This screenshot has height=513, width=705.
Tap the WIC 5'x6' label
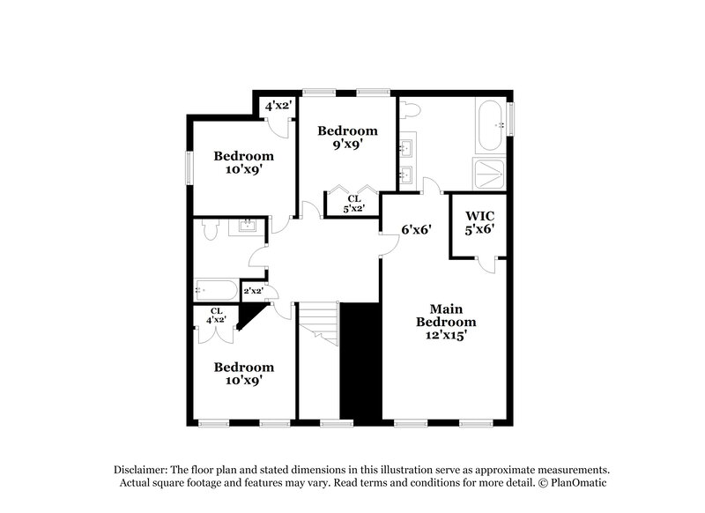click(x=479, y=221)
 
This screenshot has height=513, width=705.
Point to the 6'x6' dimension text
click(x=416, y=229)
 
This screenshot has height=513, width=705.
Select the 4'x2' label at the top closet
click(x=280, y=106)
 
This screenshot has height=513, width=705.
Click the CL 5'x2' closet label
click(x=352, y=204)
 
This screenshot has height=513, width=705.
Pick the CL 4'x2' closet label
click(x=216, y=315)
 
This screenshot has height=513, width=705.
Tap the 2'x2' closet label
click(x=254, y=291)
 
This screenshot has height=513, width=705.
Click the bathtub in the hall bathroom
click(x=216, y=290)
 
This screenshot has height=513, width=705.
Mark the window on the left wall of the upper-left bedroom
click(x=188, y=167)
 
